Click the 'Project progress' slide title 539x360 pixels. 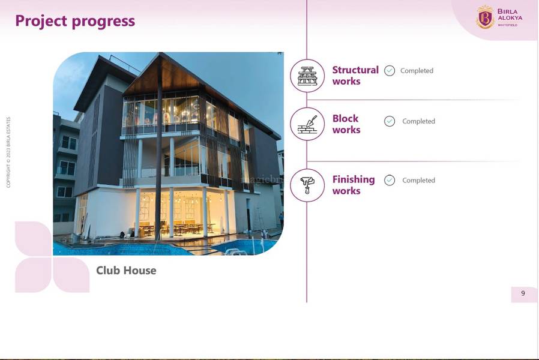pyautogui.click(x=75, y=21)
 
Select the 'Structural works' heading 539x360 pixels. pyautogui.click(x=355, y=76)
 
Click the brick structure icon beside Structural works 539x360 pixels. pyautogui.click(x=307, y=76)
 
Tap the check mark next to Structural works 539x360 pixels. pyautogui.click(x=390, y=71)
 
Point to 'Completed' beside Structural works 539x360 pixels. pyautogui.click(x=417, y=71)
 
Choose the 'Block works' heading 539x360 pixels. pyautogui.click(x=346, y=124)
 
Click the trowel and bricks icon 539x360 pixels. pyautogui.click(x=307, y=124)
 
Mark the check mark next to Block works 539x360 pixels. pyautogui.click(x=390, y=121)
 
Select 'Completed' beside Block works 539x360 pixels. pyautogui.click(x=419, y=121)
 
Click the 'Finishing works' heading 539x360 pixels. pyautogui.click(x=354, y=185)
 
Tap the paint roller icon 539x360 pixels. pyautogui.click(x=307, y=185)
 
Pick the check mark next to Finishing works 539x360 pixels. pyautogui.click(x=390, y=181)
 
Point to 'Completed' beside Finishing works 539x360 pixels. pyautogui.click(x=419, y=181)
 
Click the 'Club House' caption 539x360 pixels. pyautogui.click(x=126, y=271)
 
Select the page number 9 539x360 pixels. pyautogui.click(x=523, y=293)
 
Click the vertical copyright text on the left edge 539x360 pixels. pyautogui.click(x=8, y=152)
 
